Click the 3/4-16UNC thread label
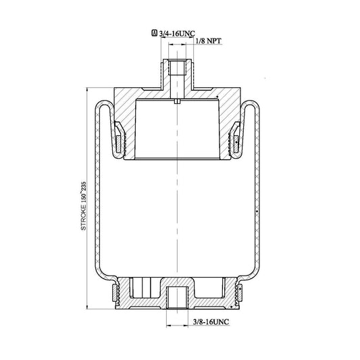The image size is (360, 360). coord(177,34)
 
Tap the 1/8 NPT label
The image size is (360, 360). coord(209,41)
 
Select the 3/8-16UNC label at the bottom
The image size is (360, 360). coord(211,322)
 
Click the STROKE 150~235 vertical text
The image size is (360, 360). coord(84,206)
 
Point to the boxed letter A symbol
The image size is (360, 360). coord(155,33)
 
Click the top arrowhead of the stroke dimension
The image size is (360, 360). coord(87,90)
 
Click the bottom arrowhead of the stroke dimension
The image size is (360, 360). coord(87,307)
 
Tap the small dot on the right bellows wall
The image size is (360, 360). coord(257,211)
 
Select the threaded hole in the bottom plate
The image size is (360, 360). coord(177,297)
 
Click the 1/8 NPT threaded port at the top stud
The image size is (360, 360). coord(177,68)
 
